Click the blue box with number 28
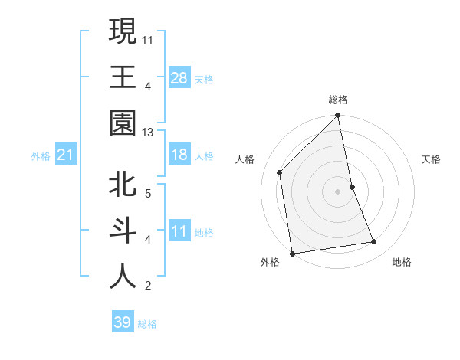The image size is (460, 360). (179, 78)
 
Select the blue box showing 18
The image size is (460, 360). (179, 155)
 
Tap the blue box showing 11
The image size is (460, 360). (179, 231)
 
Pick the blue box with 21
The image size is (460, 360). (66, 155)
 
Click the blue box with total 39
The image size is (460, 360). (122, 322)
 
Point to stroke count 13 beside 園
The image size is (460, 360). (148, 133)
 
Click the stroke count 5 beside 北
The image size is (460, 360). (148, 193)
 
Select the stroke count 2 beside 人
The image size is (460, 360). (148, 286)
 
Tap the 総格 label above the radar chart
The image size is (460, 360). (338, 100)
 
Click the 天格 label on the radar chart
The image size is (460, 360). (432, 159)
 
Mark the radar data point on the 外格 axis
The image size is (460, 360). (292, 254)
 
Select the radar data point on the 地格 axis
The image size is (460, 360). (374, 242)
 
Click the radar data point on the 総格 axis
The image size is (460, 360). (338, 116)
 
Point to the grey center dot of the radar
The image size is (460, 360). (338, 191)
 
